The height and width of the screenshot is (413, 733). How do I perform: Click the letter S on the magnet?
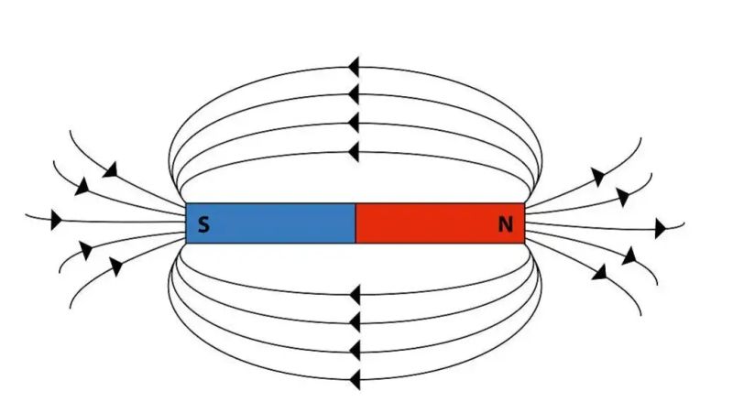pyautogui.click(x=203, y=224)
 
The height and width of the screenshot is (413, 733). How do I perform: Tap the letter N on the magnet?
pyautogui.click(x=506, y=224)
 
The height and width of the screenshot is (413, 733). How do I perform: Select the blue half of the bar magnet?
pyautogui.click(x=270, y=223)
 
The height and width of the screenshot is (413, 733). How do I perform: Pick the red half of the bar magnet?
pyautogui.click(x=441, y=223)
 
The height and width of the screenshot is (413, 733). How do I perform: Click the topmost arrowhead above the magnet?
pyautogui.click(x=354, y=67)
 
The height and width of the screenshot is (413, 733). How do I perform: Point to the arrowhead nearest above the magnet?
pyautogui.click(x=354, y=152)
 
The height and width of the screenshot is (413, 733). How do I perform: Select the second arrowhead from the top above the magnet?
pyautogui.click(x=354, y=94)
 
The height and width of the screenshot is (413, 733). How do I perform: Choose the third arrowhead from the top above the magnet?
pyautogui.click(x=354, y=123)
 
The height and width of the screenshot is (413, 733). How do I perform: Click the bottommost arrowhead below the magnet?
pyautogui.click(x=355, y=379)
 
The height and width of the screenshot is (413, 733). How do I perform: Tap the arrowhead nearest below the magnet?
pyautogui.click(x=355, y=295)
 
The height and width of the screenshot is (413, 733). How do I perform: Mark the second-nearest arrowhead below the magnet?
pyautogui.click(x=355, y=322)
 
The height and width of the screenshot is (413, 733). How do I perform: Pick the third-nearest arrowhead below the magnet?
pyautogui.click(x=355, y=351)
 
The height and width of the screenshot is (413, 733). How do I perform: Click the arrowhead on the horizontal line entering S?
pyautogui.click(x=56, y=220)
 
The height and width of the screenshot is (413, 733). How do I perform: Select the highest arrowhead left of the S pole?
pyautogui.click(x=111, y=170)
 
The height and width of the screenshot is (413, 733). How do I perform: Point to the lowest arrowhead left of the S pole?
pyautogui.click(x=115, y=266)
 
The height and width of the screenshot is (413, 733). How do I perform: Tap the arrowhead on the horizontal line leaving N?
pyautogui.click(x=660, y=229)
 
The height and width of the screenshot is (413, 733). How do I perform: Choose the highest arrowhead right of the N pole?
pyautogui.click(x=598, y=177)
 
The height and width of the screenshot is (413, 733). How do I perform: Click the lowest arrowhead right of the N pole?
pyautogui.click(x=600, y=272)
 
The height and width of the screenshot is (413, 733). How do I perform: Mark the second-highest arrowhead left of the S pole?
pyautogui.click(x=82, y=187)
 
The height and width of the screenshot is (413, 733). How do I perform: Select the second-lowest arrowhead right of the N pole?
pyautogui.click(x=629, y=256)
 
